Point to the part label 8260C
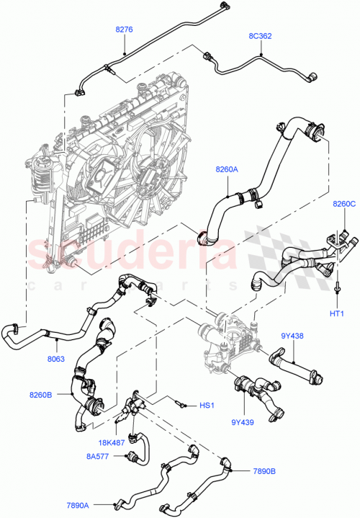click(344, 205)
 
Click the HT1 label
click(337, 313)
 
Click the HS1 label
click(207, 406)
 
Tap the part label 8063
click(57, 357)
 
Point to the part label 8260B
click(42, 394)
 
